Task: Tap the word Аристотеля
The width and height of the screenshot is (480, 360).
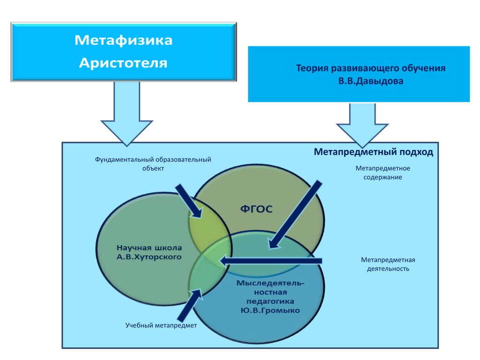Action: tap(123, 62)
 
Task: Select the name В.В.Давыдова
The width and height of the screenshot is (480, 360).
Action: tap(370, 80)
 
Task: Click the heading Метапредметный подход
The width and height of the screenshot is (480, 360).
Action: tap(373, 152)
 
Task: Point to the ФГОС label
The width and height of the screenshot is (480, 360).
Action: tap(256, 210)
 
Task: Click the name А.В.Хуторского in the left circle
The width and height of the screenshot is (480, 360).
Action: tap(149, 257)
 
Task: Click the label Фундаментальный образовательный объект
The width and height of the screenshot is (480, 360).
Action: tap(153, 164)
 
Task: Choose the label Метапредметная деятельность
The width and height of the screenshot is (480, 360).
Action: tap(388, 264)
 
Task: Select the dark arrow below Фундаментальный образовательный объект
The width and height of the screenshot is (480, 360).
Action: tap(189, 200)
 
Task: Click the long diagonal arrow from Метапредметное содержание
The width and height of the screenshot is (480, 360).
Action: tap(295, 213)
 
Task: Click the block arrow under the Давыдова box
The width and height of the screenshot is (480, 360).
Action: tap(362, 125)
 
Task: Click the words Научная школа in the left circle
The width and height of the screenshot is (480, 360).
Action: tap(149, 247)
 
